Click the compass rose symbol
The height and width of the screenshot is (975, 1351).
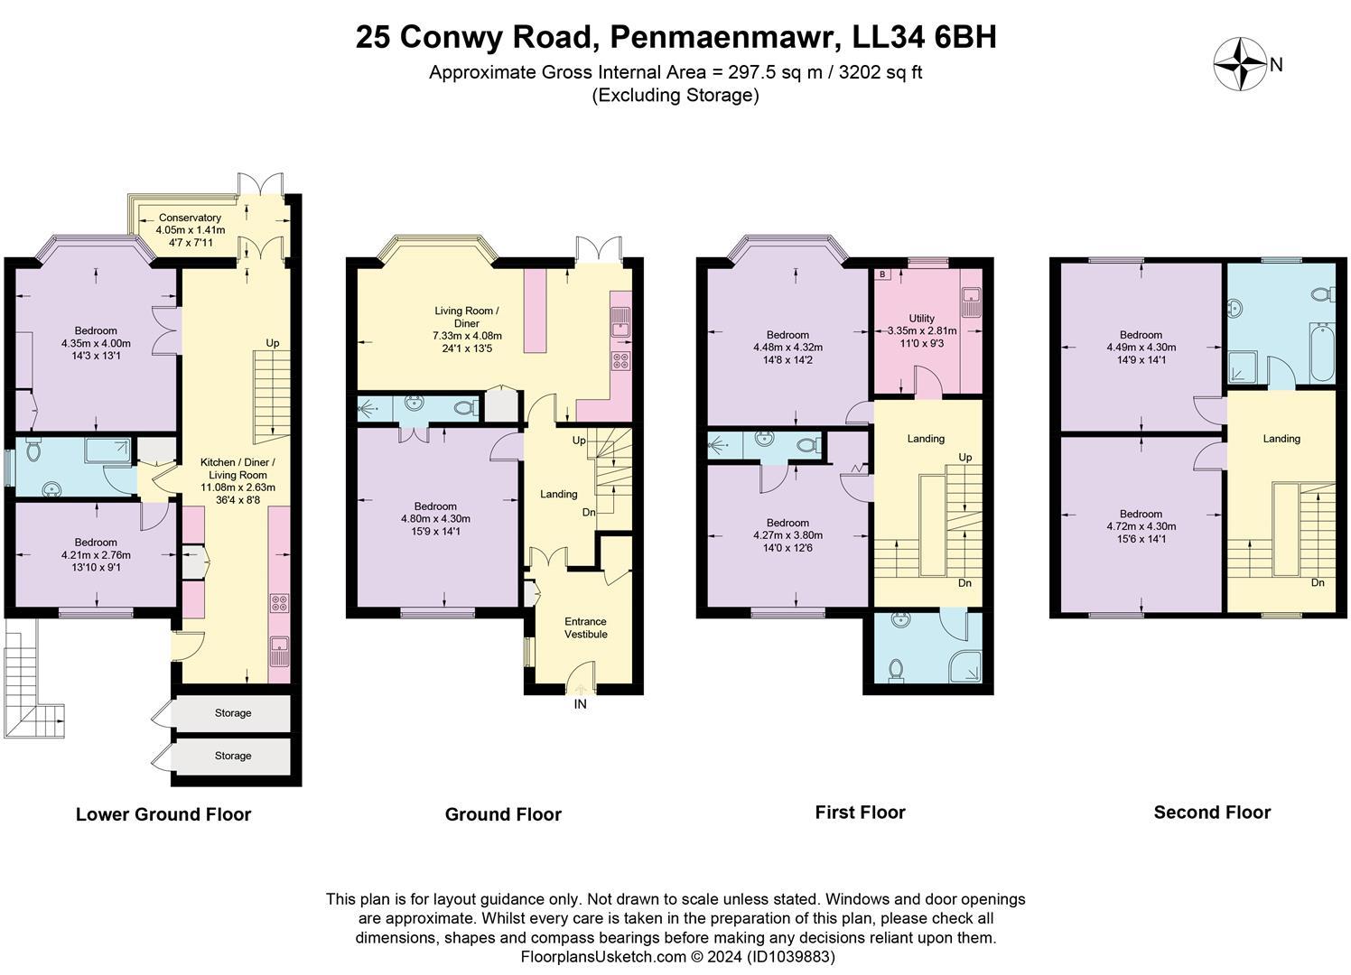click(x=1240, y=64)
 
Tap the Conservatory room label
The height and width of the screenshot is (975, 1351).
click(x=190, y=218)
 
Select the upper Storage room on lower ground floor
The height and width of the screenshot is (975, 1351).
click(x=232, y=713)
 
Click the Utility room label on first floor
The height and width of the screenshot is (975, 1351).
click(x=921, y=319)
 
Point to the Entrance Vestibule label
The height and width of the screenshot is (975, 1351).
click(x=585, y=627)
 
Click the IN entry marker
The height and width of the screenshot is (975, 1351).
click(x=580, y=704)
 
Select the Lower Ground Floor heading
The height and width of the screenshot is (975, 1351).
click(x=163, y=814)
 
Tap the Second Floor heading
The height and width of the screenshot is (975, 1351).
click(x=1212, y=812)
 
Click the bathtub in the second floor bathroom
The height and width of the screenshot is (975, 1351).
click(x=1321, y=353)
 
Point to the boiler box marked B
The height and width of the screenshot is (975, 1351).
click(x=882, y=274)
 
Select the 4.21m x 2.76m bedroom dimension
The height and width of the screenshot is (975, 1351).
click(x=96, y=555)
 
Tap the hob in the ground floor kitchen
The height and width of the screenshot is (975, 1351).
click(x=621, y=361)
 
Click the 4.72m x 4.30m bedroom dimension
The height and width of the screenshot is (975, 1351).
click(x=1141, y=526)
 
